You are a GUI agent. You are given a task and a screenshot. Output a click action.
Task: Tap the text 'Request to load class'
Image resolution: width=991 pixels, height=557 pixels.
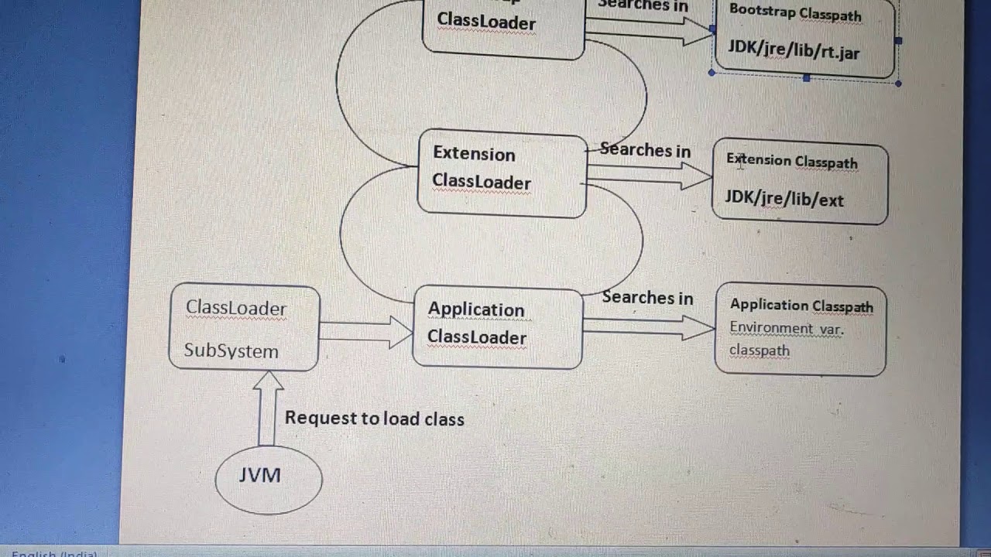pos(375,419)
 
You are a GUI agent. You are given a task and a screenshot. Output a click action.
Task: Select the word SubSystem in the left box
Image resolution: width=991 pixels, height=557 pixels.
pos(231,351)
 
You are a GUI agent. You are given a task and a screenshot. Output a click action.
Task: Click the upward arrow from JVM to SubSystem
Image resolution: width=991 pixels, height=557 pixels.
pos(267,408)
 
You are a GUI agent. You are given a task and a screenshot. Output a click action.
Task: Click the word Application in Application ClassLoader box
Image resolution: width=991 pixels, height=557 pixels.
pos(476,309)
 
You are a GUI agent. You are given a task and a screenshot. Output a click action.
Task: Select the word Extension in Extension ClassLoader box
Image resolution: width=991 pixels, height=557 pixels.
pos(474,154)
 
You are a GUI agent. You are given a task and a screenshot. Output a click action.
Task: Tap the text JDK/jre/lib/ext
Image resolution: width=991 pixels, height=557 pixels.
pos(784,199)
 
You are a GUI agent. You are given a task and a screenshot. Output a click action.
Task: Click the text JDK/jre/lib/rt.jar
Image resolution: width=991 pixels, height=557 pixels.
pos(794,53)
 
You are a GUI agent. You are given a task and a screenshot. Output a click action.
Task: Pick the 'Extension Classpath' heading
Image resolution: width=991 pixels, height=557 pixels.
pos(792,161)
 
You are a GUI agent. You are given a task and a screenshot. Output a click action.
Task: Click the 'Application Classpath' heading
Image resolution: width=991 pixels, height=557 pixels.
pos(801,306)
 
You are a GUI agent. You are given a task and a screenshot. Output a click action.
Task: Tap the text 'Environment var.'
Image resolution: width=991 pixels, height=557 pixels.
pos(786,328)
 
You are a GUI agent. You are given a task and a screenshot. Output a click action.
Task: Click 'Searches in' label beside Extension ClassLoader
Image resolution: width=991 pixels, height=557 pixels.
pos(645,150)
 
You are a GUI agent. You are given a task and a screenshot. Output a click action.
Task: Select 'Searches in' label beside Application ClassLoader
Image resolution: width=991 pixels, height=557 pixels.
pos(647,297)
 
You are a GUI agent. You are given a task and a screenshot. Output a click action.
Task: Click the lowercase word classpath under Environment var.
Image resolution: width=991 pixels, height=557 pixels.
pos(759,350)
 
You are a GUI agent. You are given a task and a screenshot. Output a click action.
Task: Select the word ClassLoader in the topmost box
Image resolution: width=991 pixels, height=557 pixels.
pos(486,22)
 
